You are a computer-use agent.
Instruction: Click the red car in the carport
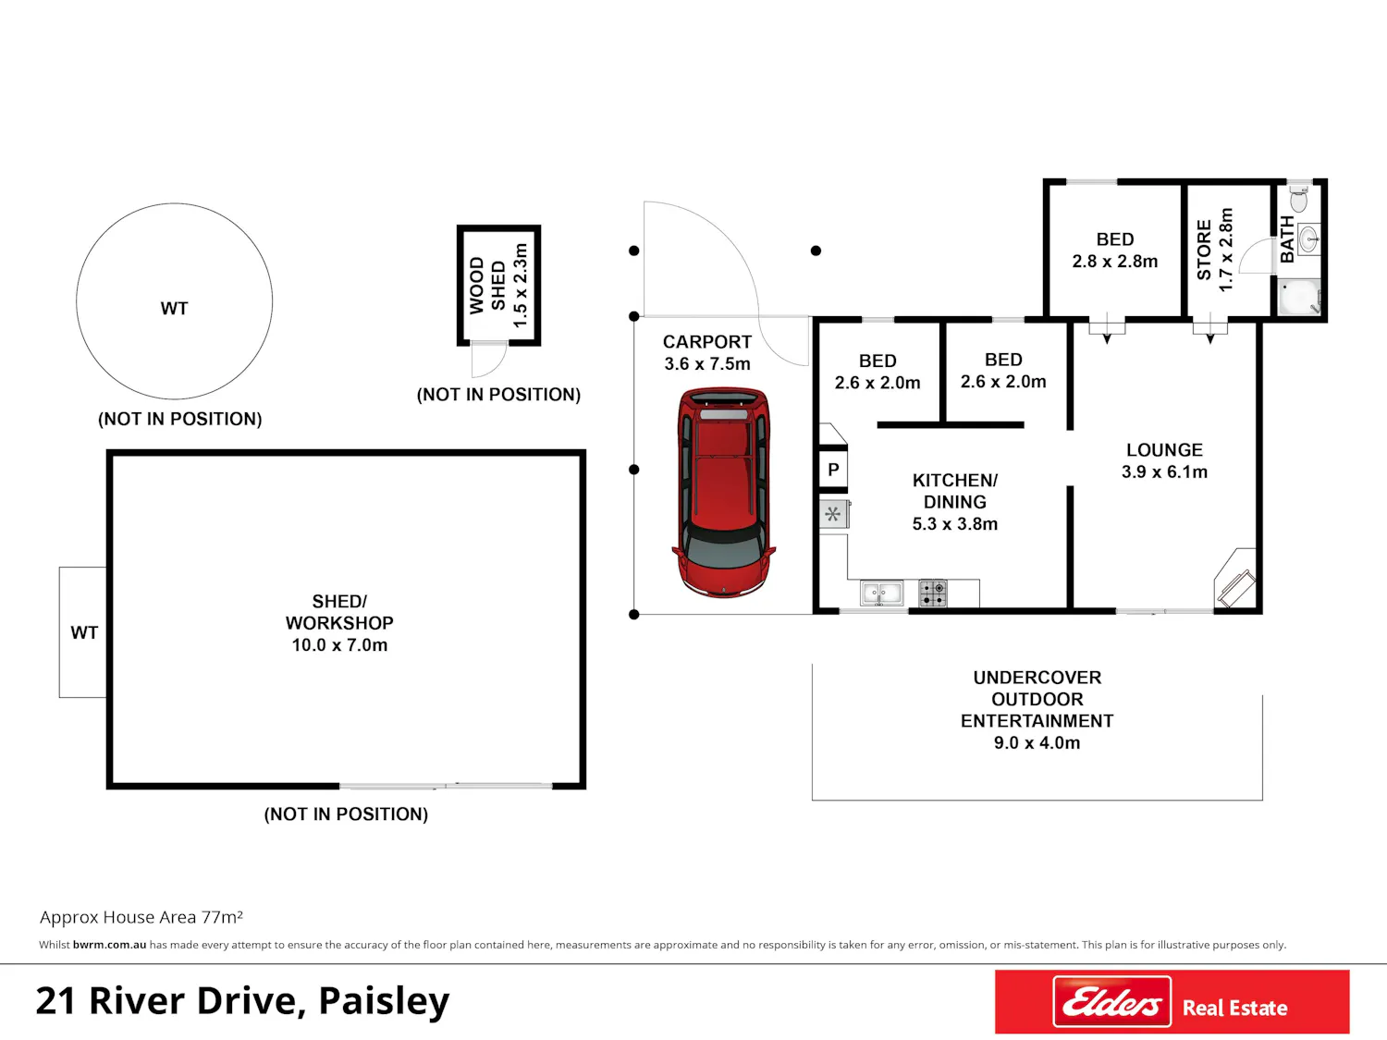[723, 493]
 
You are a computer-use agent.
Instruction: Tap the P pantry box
[833, 470]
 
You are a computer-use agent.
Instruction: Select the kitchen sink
[881, 593]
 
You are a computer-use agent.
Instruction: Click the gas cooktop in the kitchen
[933, 593]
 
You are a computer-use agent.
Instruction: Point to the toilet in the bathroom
[1298, 198]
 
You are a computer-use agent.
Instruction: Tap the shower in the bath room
[1299, 297]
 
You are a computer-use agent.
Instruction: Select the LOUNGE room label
[1164, 450]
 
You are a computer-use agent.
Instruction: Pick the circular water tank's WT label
[175, 308]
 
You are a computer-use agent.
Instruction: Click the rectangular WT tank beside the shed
[83, 632]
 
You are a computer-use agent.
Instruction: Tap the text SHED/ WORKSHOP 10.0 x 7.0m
[339, 622]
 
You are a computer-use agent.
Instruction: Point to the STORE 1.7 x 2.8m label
[1214, 250]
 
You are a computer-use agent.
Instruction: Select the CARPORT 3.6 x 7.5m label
[707, 352]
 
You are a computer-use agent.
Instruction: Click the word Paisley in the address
[384, 1001]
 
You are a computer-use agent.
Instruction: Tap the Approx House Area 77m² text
[141, 917]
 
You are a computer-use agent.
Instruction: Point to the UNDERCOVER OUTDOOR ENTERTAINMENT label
[1037, 699]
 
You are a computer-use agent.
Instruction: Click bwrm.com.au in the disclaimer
[109, 945]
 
